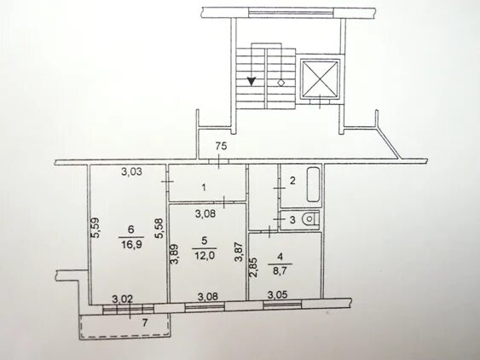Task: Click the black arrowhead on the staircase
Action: click(x=252, y=81)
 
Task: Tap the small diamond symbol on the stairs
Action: click(x=281, y=83)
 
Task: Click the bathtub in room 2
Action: click(x=314, y=185)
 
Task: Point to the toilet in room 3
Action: click(x=310, y=219)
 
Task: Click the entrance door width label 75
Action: click(x=222, y=146)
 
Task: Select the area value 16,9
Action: click(x=131, y=245)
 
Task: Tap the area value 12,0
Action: click(x=205, y=255)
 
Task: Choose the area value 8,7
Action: click(x=280, y=270)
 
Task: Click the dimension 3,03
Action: click(x=131, y=171)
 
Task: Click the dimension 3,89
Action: click(x=175, y=253)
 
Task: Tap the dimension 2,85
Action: click(x=253, y=267)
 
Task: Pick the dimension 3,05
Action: click(x=278, y=295)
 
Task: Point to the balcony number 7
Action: click(x=145, y=322)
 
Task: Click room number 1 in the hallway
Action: click(x=204, y=187)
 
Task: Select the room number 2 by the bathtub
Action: click(x=292, y=181)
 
